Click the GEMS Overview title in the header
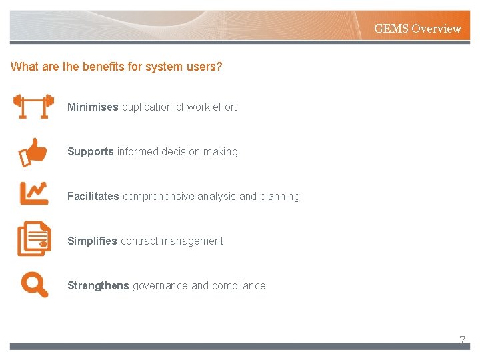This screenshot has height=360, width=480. click(x=417, y=29)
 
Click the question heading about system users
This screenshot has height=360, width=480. click(x=117, y=67)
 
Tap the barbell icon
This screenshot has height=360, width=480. click(x=33, y=107)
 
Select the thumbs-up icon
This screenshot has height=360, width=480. click(x=33, y=151)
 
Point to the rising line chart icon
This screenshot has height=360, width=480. click(x=33, y=193)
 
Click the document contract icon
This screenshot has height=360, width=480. click(x=33, y=239)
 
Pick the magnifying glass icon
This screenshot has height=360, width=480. click(x=34, y=285)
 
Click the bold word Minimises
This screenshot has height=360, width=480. click(x=93, y=107)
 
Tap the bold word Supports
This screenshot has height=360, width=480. click(x=90, y=152)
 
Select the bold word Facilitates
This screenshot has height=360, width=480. click(x=93, y=197)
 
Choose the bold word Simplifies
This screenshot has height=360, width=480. click(x=92, y=241)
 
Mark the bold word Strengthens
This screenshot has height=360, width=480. click(x=98, y=286)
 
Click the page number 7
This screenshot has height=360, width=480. click(x=462, y=340)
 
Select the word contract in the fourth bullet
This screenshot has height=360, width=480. click(x=139, y=241)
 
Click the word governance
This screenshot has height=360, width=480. click(x=160, y=286)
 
